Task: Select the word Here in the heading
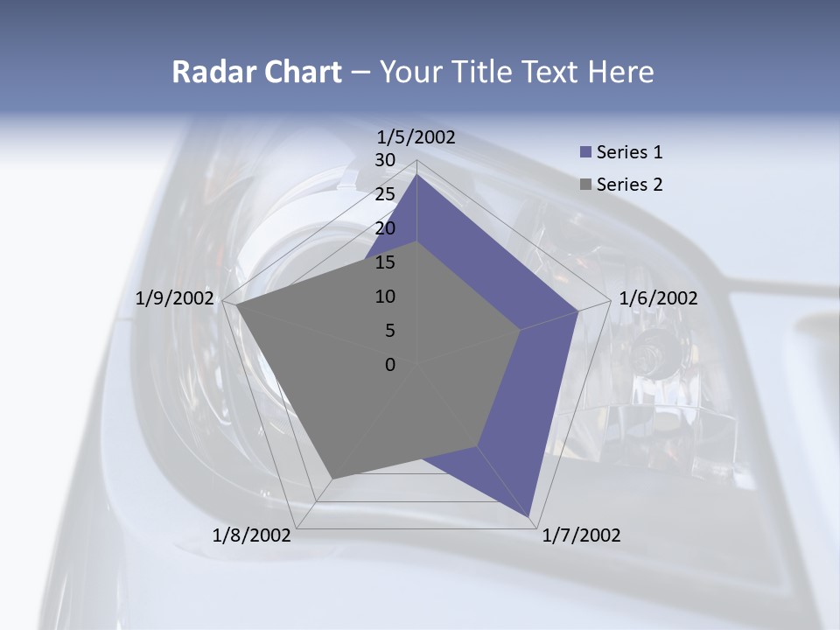coord(621,72)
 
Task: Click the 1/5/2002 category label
coord(416,136)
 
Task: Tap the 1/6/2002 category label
coord(658,298)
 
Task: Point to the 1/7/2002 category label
coord(581,535)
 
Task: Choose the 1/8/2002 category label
coord(252,535)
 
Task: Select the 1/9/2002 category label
coord(175,298)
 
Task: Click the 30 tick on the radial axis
coord(385,160)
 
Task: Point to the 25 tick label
coord(385,194)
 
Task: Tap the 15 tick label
coord(385,262)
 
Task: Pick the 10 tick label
coord(385,297)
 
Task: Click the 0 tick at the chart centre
coord(390,365)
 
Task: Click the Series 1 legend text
coord(629,152)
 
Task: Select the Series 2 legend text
coord(629,185)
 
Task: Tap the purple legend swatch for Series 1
coord(586,152)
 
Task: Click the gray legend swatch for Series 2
coord(586,185)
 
